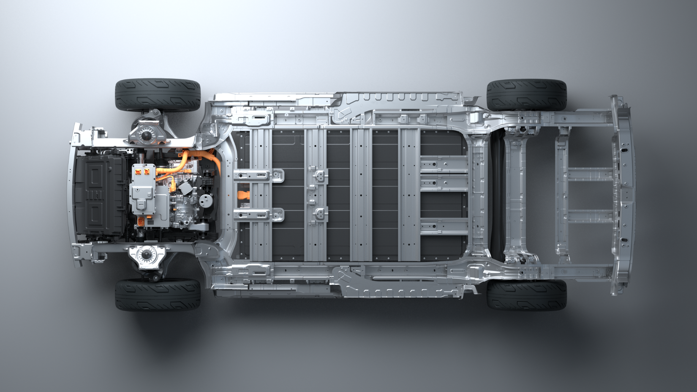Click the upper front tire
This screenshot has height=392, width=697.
(158, 95)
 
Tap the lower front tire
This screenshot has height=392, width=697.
(158, 294)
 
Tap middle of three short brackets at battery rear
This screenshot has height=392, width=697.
(444, 182)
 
